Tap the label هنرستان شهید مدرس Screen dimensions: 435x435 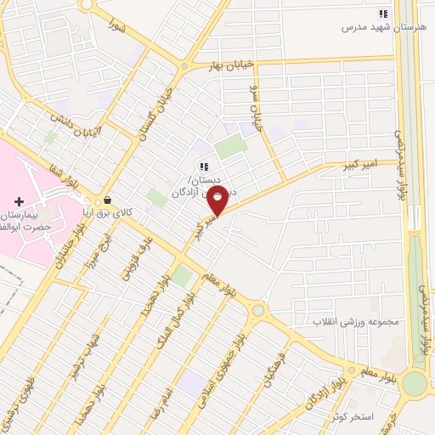[382, 27]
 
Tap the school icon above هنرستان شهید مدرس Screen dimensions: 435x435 [383, 14]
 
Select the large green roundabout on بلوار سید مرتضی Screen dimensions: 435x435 [414, 383]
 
